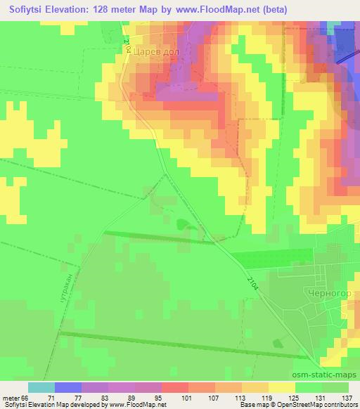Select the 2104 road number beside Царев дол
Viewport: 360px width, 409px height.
pos(127,45)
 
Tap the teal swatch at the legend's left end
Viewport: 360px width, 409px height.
pos(41,387)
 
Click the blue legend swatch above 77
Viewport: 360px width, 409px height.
pos(67,387)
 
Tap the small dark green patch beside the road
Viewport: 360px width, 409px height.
pos(184,225)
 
